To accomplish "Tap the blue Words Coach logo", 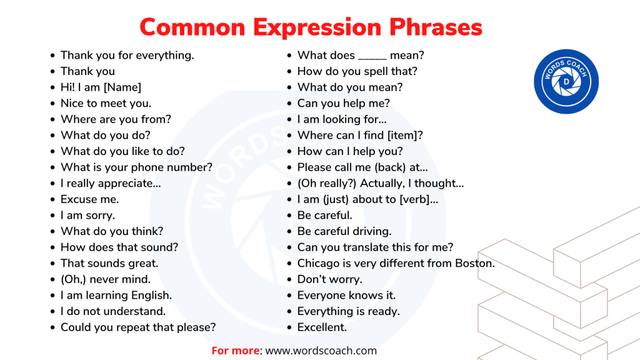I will coord(566,81).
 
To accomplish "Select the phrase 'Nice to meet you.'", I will coord(106,103).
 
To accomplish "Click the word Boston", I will coord(474,263).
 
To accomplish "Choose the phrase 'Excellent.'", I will coord(322,327).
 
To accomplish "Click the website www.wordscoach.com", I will coord(321,351).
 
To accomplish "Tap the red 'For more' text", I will coord(235,351).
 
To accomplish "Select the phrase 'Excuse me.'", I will coord(89,199).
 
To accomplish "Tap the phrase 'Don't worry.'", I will coord(329,279).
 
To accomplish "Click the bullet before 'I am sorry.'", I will coord(52,216).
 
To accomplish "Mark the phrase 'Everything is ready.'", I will coord(348,311).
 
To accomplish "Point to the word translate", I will coord(359,247).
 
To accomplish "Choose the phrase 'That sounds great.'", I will coord(109,263).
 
